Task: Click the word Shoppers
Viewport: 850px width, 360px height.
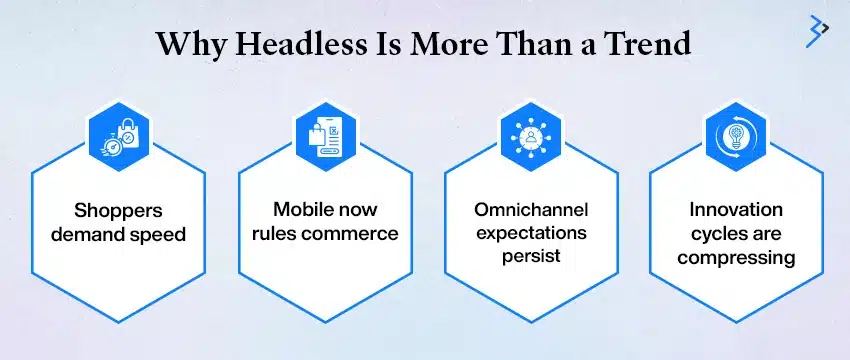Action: pos(118,212)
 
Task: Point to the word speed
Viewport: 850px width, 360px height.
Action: pos(158,236)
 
